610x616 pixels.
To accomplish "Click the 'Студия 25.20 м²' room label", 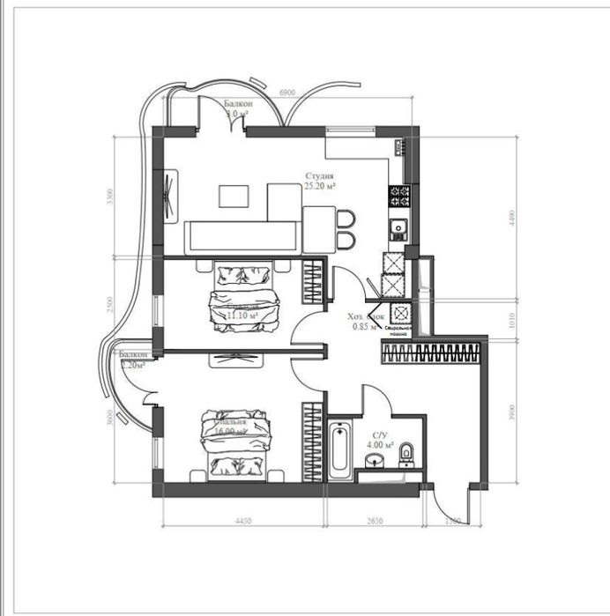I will pyautogui.click(x=319, y=182).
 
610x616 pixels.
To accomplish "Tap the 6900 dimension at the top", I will pyautogui.click(x=286, y=92).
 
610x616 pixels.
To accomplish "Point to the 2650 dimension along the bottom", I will pyautogui.click(x=374, y=522).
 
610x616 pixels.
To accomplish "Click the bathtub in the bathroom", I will pyautogui.click(x=341, y=450).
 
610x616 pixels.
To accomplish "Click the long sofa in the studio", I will pyautogui.click(x=241, y=235).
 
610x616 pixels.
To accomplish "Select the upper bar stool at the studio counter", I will pyautogui.click(x=346, y=219).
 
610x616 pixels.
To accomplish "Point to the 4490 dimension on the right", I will pyautogui.click(x=512, y=219).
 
